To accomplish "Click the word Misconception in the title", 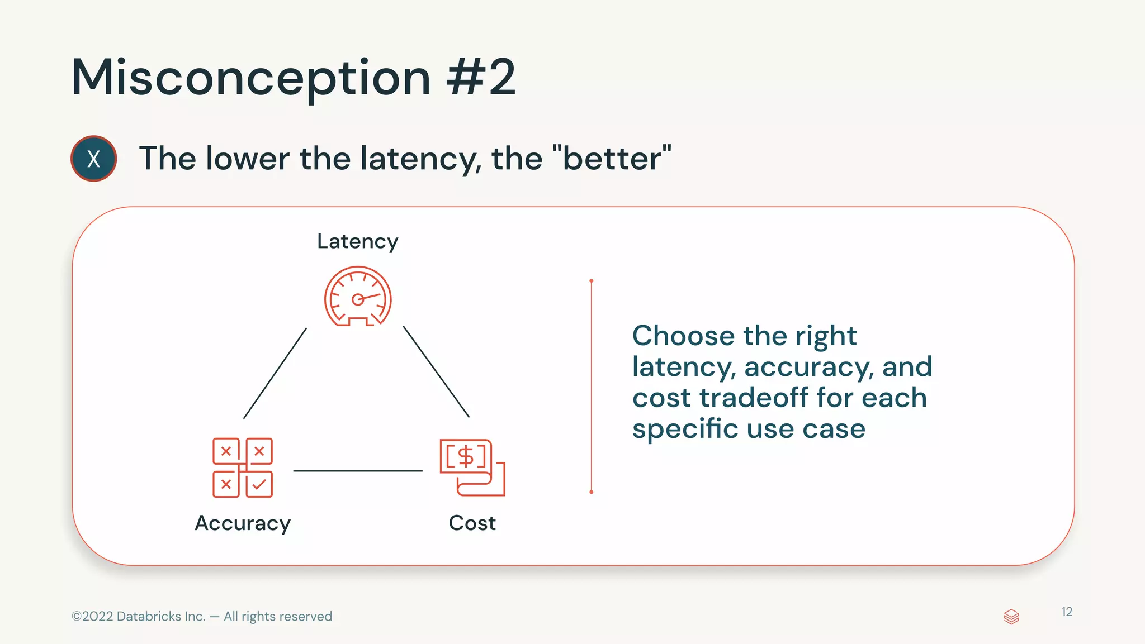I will point(250,78).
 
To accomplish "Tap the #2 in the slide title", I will point(481,78).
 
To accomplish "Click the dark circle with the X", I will point(93,159).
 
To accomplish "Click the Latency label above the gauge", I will point(357,241).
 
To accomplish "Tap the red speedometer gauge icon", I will point(358,297).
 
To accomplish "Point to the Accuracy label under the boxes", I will point(243,523).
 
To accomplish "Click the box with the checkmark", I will point(259,484).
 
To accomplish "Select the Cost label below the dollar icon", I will point(472,523).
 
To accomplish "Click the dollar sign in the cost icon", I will point(466,456).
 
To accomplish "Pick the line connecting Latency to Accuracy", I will point(275,373).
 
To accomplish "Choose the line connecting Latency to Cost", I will point(436,372).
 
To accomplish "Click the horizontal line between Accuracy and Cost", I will point(358,471).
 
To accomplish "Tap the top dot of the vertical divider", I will point(591,281).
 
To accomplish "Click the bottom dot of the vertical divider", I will point(591,492).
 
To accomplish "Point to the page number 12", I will point(1067,612).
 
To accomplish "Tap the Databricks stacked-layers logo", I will point(1011,617).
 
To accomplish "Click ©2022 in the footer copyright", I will point(93,617).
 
